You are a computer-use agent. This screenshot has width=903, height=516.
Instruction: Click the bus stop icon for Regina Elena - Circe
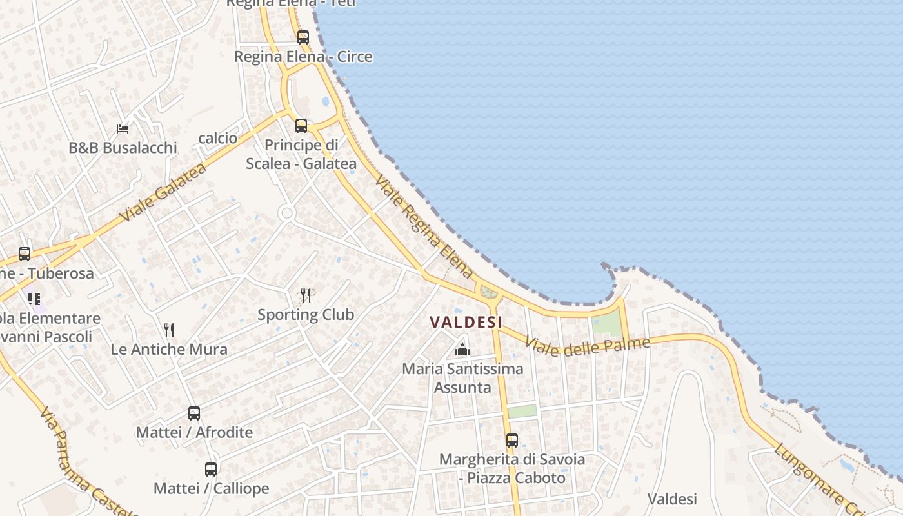[303, 37]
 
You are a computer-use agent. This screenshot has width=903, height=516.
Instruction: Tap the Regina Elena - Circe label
[303, 57]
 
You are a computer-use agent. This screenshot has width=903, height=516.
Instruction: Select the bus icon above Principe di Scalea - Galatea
[301, 125]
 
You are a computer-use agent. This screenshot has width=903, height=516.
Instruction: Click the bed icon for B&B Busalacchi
[122, 129]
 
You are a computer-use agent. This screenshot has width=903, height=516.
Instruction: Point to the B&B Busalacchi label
[123, 148]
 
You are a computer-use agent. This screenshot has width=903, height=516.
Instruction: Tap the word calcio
[218, 138]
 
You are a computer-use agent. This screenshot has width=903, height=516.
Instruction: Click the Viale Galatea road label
[163, 192]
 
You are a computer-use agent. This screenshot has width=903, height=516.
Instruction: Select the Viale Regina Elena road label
[424, 226]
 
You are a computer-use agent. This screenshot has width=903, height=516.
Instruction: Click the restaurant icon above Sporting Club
[306, 295]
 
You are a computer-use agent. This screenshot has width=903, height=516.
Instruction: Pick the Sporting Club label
[306, 315]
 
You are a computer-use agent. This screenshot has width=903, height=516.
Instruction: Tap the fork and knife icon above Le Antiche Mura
[169, 330]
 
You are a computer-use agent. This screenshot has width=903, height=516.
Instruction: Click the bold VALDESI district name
[466, 321]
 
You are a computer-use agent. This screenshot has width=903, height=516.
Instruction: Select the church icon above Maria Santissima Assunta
[462, 350]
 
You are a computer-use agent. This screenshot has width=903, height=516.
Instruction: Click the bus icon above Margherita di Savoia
[511, 441]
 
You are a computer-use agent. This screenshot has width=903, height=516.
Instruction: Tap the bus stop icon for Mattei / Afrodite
[194, 413]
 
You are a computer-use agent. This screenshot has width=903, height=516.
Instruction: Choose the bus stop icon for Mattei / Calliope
[211, 470]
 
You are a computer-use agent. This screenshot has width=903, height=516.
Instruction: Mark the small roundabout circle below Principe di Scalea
[287, 213]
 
